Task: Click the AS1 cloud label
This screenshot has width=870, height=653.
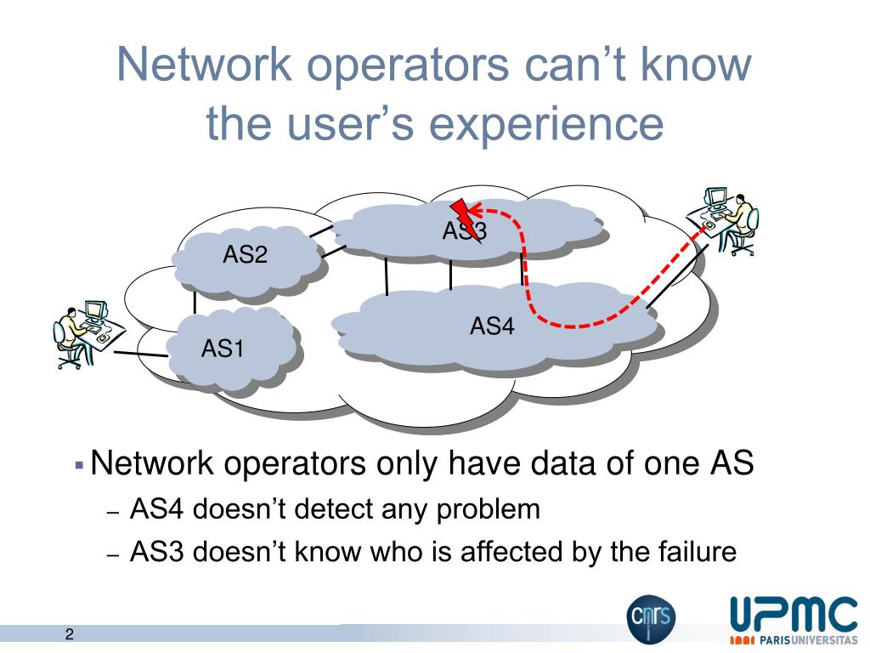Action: pos(223,349)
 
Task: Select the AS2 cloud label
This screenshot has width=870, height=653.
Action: pos(245,254)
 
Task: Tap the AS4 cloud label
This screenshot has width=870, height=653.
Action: pos(493,326)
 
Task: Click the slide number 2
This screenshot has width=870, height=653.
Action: pos(69,634)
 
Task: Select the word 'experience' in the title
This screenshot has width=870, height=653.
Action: pos(545,123)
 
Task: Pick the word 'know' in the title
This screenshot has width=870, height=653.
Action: pos(692,65)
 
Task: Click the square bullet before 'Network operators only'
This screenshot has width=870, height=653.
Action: pos(78,466)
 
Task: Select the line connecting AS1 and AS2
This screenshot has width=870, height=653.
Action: pos(195,303)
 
